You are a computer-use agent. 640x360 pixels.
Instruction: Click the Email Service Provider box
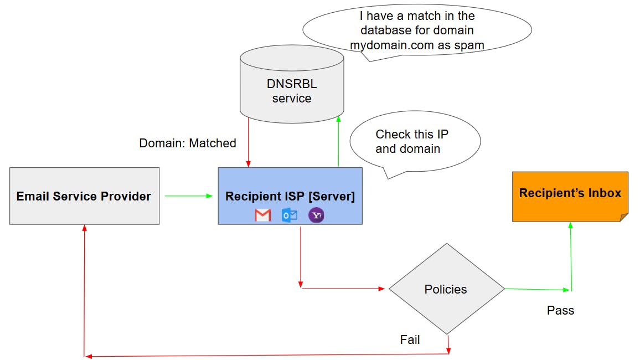(x=84, y=196)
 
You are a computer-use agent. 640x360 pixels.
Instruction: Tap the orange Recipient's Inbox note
(x=570, y=196)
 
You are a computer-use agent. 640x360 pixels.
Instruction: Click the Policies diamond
(x=446, y=289)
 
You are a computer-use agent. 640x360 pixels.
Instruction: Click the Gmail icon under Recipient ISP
(x=263, y=215)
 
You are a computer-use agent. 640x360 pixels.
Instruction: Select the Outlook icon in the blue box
(x=290, y=215)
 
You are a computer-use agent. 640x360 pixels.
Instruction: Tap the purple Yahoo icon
(x=316, y=215)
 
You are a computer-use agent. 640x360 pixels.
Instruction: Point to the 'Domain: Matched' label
(x=188, y=143)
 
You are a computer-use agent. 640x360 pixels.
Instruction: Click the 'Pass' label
(x=560, y=310)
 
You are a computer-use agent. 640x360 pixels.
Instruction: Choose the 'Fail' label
(x=410, y=340)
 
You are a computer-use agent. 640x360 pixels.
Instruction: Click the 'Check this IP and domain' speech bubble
(x=415, y=142)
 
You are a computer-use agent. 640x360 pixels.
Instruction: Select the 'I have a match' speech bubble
(x=417, y=31)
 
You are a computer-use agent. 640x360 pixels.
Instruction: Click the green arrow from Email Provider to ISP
(x=189, y=196)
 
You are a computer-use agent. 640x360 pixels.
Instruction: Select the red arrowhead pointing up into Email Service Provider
(x=84, y=229)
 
